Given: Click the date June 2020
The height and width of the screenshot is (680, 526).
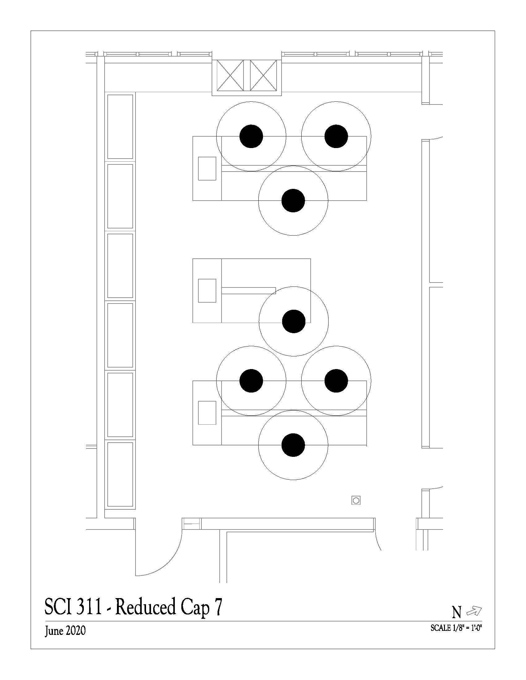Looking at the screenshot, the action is (65, 631).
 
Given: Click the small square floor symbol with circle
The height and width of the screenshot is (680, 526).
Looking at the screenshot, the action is (356, 501).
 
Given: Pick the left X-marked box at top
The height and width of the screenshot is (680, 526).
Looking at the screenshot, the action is (230, 76).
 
